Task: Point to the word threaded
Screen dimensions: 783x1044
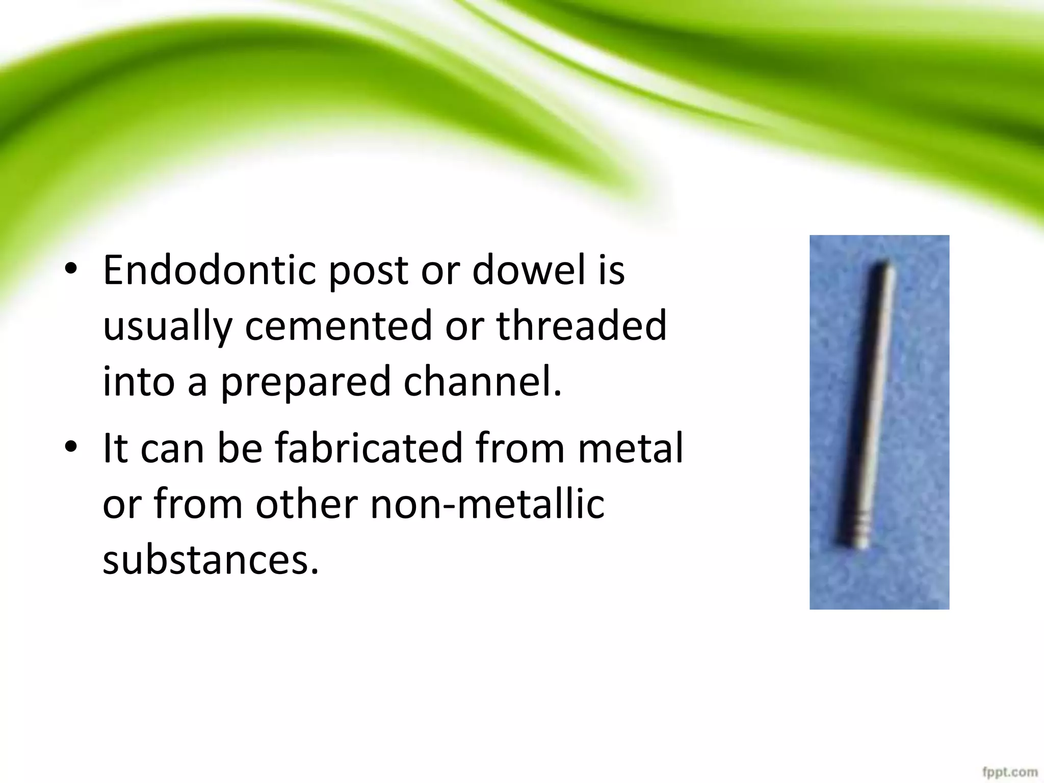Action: click(581, 326)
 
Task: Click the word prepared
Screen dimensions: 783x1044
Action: click(305, 382)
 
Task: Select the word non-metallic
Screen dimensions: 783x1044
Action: click(487, 504)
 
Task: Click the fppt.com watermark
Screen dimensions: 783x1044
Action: click(1017, 772)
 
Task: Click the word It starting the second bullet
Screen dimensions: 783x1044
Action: click(115, 448)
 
